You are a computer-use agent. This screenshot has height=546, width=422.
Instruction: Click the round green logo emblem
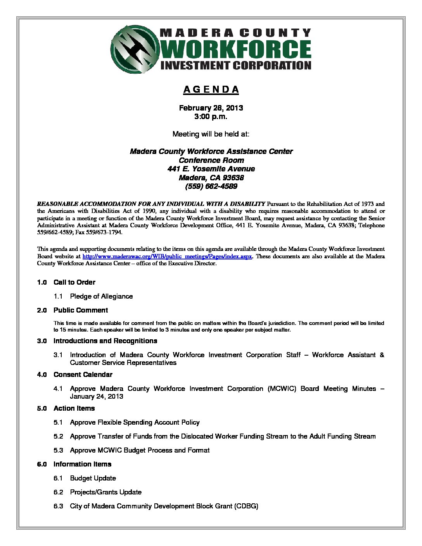tap(135, 49)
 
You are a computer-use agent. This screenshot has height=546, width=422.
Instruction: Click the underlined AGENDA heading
tap(211, 90)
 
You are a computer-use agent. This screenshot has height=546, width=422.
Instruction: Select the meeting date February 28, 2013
tap(211, 108)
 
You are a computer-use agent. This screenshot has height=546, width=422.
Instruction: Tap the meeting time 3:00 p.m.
tap(211, 116)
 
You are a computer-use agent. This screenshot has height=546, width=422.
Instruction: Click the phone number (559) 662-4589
tap(211, 187)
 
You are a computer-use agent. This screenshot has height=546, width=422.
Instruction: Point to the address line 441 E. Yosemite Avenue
tap(211, 169)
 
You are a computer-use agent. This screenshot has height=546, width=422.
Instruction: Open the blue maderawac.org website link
tap(168, 256)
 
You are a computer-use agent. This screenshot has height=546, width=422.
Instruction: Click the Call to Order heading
tap(74, 282)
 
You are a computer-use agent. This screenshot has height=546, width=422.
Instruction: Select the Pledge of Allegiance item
tap(101, 296)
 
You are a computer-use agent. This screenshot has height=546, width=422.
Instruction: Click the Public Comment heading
tap(81, 310)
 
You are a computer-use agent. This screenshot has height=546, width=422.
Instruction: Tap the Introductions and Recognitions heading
tap(105, 341)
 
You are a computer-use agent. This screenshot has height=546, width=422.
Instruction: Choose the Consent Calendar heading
tap(83, 375)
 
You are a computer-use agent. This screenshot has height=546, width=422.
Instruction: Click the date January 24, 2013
tap(97, 396)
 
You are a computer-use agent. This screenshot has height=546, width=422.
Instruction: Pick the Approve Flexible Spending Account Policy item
tap(135, 422)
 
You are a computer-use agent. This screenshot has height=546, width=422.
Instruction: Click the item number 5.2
tap(58, 436)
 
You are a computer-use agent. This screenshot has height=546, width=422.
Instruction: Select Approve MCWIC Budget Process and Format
tap(140, 450)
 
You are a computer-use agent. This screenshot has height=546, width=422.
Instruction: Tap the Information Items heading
tap(82, 464)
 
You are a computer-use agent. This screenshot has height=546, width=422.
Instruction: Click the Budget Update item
tap(93, 478)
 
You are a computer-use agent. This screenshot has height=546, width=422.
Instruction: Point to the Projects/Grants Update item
tap(105, 492)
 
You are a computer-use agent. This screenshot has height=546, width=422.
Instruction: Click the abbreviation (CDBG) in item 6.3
tap(246, 506)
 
